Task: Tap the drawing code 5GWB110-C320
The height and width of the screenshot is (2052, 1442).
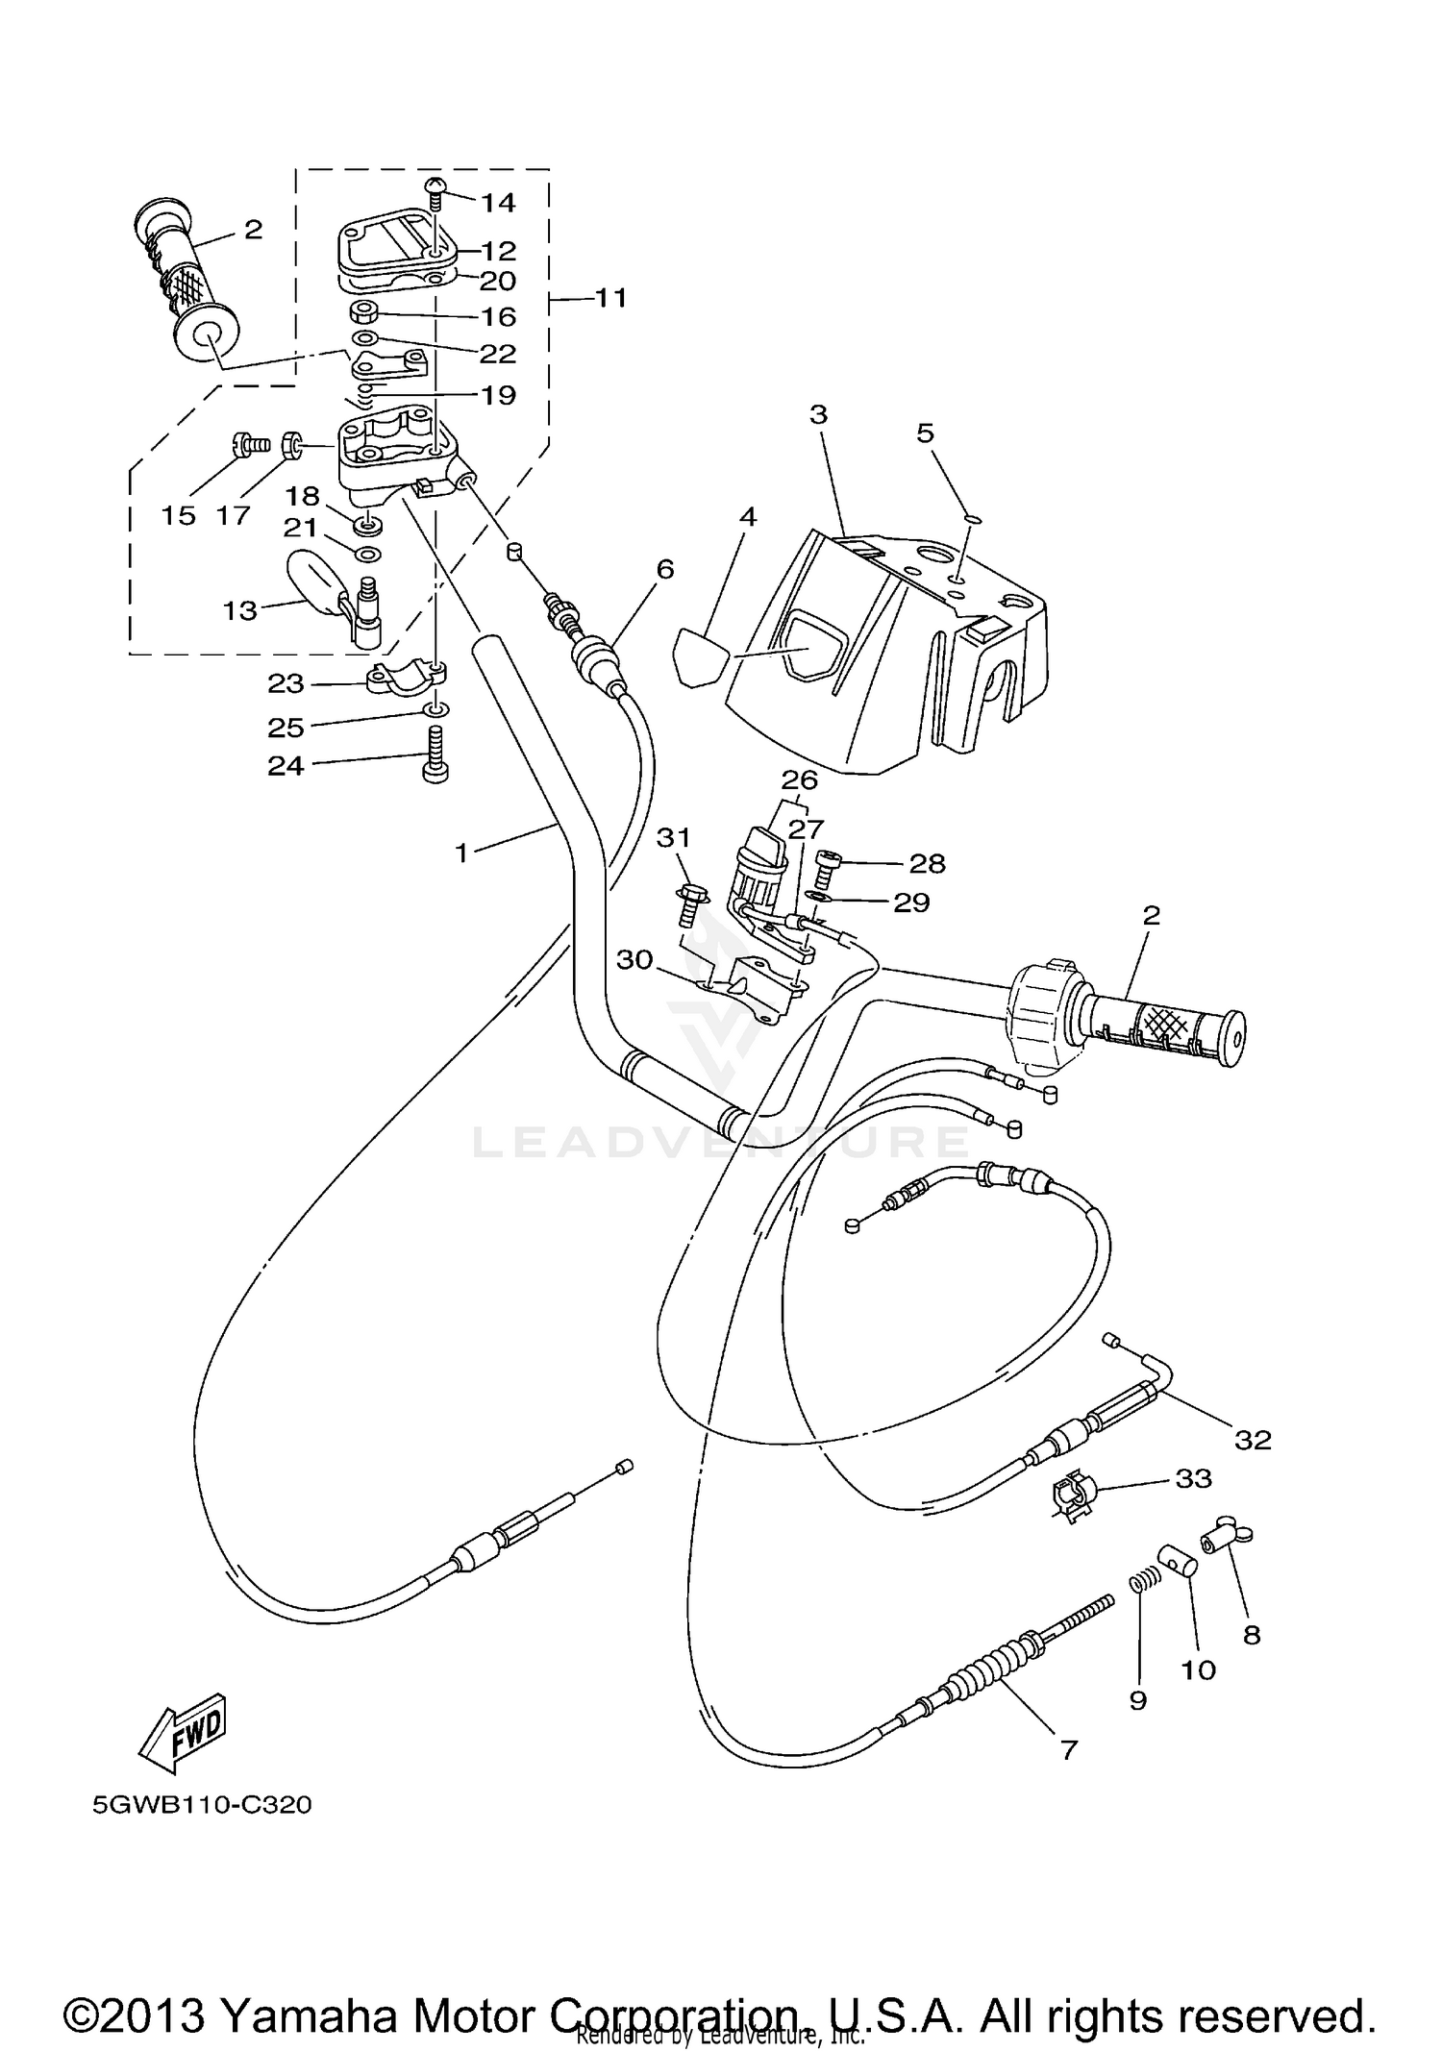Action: coord(202,1805)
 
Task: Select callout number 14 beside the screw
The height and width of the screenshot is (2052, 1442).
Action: coord(498,203)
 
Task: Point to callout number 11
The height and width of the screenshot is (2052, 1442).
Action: coord(610,298)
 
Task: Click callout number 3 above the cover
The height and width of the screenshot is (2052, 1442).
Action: coord(818,415)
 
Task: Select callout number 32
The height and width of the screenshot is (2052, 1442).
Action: coord(1253,1440)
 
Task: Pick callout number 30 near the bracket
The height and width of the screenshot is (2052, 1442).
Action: coord(634,959)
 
